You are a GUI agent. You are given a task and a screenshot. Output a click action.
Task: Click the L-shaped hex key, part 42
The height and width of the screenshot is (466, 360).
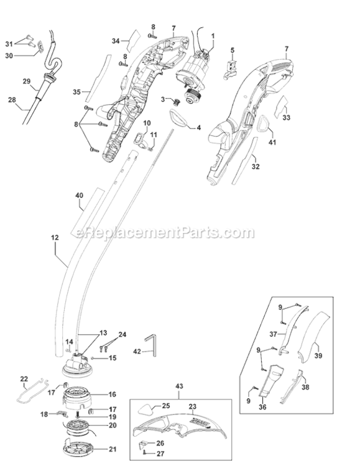152,344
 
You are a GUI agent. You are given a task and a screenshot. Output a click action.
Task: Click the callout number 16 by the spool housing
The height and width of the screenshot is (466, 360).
112,394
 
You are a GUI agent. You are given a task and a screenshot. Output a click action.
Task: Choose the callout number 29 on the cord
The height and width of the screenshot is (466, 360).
26,81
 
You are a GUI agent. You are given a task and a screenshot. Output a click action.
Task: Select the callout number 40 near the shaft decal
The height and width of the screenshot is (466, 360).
79,196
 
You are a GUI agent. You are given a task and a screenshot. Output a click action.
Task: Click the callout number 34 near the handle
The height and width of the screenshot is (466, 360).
115,40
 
